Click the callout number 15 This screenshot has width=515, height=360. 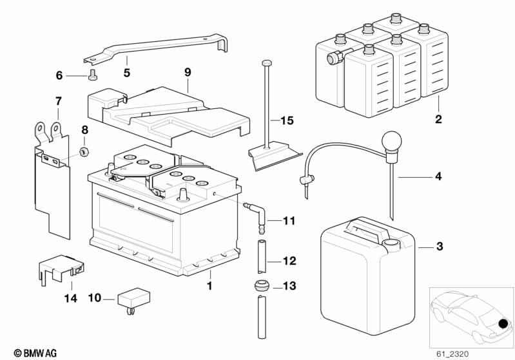pyautogui.click(x=287, y=120)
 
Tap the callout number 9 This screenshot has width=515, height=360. pyautogui.click(x=188, y=72)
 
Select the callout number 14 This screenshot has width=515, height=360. pyautogui.click(x=71, y=298)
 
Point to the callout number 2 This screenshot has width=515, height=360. pyautogui.click(x=438, y=119)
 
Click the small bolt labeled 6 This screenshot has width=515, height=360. pyautogui.click(x=92, y=75)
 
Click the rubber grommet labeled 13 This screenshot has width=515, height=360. pyautogui.click(x=262, y=285)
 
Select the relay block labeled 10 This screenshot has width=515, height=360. pyautogui.click(x=133, y=300)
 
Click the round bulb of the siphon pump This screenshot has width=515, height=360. pyautogui.click(x=391, y=140)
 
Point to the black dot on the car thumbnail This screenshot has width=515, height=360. pyautogui.click(x=503, y=324)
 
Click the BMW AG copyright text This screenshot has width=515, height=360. pyautogui.click(x=35, y=354)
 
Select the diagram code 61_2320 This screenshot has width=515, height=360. pyautogui.click(x=452, y=354)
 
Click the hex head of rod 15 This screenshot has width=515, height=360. pyautogui.click(x=266, y=62)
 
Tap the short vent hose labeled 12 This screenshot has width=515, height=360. pyautogui.click(x=262, y=257)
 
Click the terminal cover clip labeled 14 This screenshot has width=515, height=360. pyautogui.click(x=61, y=268)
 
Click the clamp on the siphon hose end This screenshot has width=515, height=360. pyautogui.click(x=307, y=180)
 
